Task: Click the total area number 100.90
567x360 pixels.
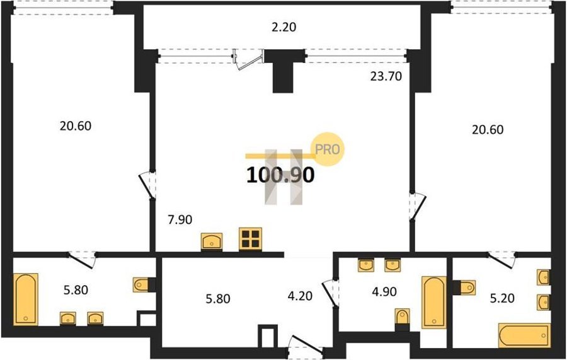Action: coord(280,175)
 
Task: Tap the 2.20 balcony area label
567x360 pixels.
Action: coord(284,27)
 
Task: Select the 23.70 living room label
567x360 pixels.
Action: coord(386,76)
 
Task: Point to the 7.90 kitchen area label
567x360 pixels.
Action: coord(180,219)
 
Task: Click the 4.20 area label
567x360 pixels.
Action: coord(300,296)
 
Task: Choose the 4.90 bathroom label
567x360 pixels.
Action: coord(384,291)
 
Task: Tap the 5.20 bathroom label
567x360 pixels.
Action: coord(502,298)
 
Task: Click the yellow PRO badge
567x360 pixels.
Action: coord(328,149)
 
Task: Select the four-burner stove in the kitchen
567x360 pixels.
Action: coord(250,239)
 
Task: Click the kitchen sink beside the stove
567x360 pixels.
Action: coord(212,241)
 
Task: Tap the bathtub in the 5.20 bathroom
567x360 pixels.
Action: coord(524,336)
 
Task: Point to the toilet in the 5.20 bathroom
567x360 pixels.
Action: coord(465,287)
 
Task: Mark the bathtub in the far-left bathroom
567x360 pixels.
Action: coord(26,299)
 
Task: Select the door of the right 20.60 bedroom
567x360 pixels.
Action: coord(417,206)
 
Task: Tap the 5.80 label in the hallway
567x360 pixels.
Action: coord(218,299)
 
